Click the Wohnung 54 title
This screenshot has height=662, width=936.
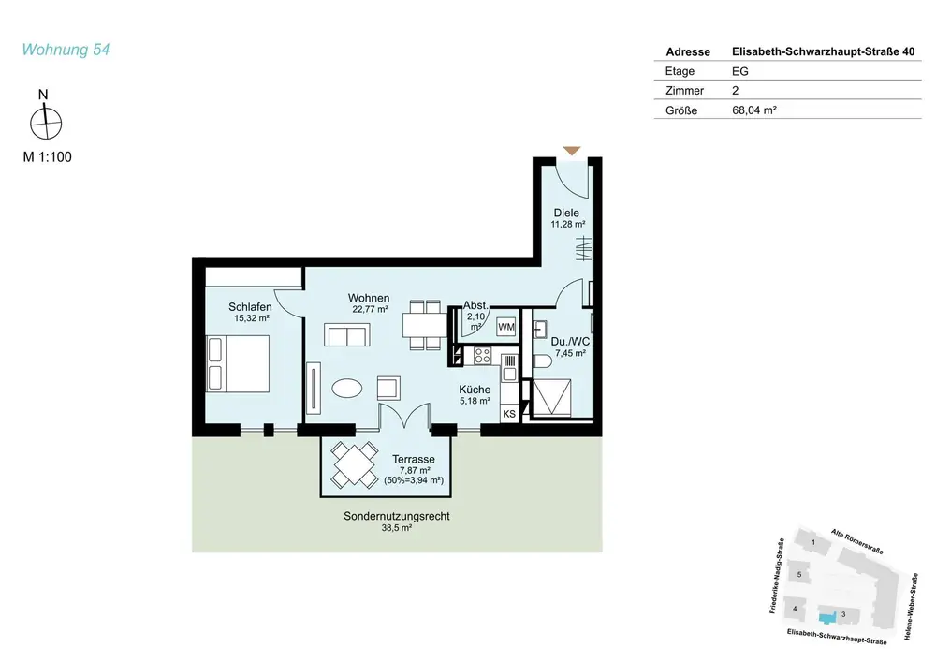(x=66, y=50)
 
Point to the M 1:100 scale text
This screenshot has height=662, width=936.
(x=47, y=157)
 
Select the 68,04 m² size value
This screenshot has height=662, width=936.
(x=753, y=110)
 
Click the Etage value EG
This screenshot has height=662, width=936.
(x=739, y=71)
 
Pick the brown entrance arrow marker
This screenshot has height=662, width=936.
(x=572, y=151)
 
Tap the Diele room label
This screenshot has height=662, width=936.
(x=566, y=213)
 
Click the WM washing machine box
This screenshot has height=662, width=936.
(x=506, y=327)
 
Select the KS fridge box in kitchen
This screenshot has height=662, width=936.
(x=509, y=414)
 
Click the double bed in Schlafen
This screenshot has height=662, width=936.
(x=238, y=363)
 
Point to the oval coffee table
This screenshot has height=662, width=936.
(x=347, y=389)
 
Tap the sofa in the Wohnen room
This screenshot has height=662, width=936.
(x=347, y=335)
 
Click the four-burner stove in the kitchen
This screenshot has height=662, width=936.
(x=482, y=356)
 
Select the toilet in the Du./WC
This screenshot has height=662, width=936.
(x=542, y=361)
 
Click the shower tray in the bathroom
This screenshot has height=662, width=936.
(x=551, y=396)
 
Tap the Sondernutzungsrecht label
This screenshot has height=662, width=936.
(x=396, y=516)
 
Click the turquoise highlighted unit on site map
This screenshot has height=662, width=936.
(x=826, y=618)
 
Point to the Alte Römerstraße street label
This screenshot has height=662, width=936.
(x=856, y=541)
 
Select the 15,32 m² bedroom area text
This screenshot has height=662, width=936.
(x=251, y=318)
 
